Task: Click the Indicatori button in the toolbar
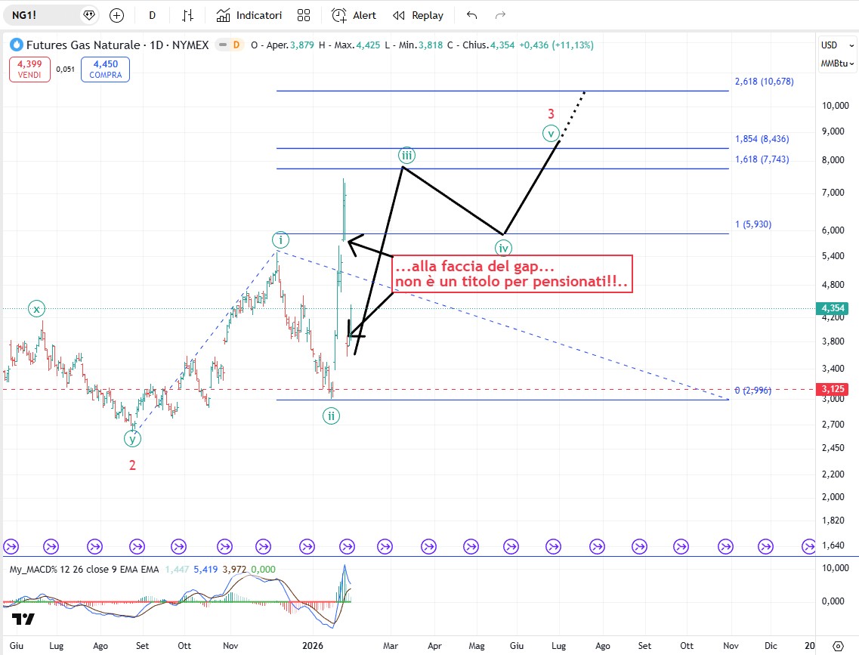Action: tap(249, 15)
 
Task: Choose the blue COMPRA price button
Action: tap(105, 70)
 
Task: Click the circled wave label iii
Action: tap(406, 156)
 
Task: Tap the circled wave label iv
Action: tap(503, 247)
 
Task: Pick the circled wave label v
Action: tap(552, 134)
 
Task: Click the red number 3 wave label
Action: tap(552, 114)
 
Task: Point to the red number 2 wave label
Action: tap(132, 465)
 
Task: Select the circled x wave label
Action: tap(36, 308)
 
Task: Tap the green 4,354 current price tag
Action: tap(835, 308)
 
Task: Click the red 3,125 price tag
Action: tap(835, 389)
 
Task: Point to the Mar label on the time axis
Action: tap(390, 646)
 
